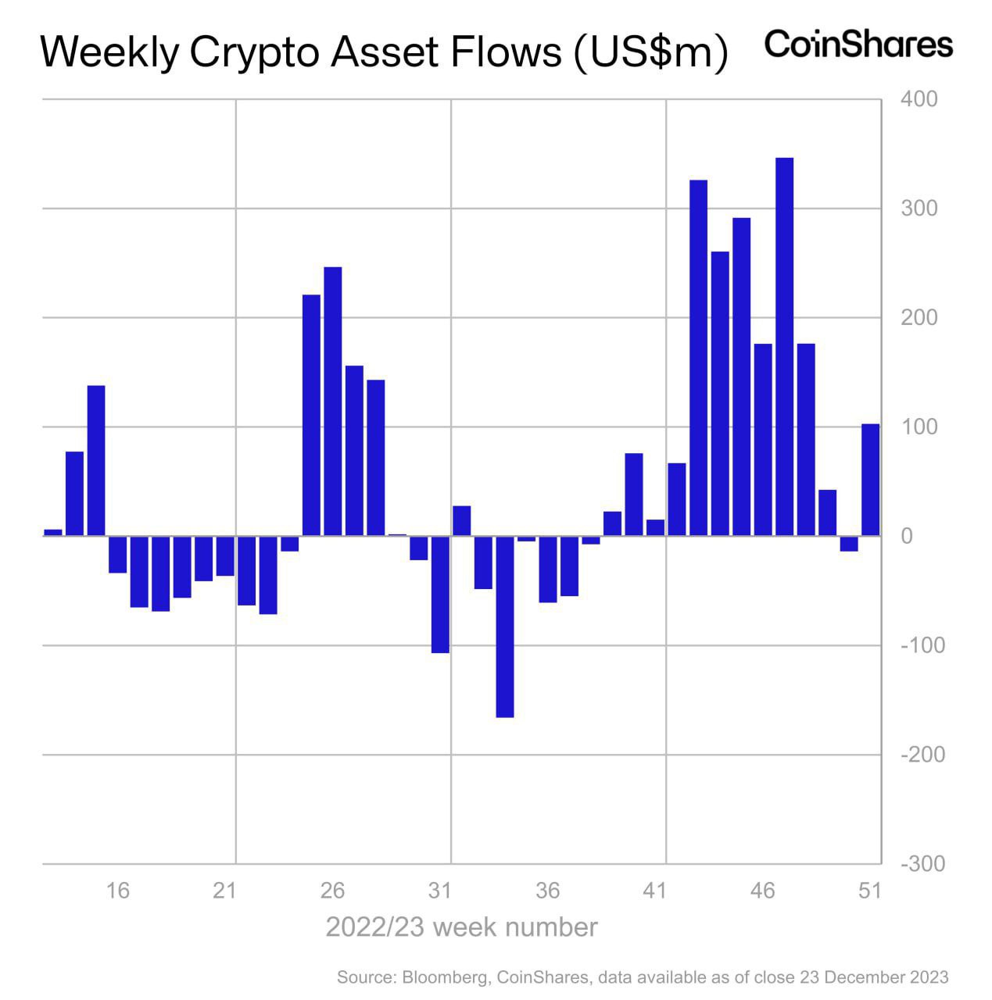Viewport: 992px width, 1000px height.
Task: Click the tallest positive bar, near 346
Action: (x=784, y=347)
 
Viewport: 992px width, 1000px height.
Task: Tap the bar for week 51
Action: (x=870, y=480)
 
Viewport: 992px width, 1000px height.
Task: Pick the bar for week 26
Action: (x=333, y=402)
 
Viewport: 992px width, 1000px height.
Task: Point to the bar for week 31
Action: (x=440, y=595)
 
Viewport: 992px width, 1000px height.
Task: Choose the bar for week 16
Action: (x=117, y=555)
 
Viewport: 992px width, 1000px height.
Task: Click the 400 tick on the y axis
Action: (x=919, y=100)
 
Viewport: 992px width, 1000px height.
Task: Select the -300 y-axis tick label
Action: (x=922, y=864)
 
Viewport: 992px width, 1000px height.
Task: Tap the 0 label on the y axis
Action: (x=906, y=537)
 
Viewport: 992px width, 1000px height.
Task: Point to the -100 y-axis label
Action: (x=922, y=646)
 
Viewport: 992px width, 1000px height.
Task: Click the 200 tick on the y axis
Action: (x=919, y=318)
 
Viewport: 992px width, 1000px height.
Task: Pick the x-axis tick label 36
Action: (x=548, y=891)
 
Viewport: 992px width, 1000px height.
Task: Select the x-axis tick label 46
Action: (x=763, y=891)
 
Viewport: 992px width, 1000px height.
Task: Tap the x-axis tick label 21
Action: (x=225, y=891)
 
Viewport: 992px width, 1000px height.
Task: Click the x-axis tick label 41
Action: (x=655, y=891)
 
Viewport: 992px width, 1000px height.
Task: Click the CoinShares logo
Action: (x=858, y=44)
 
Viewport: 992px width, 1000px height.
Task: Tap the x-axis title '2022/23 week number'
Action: (x=461, y=927)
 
